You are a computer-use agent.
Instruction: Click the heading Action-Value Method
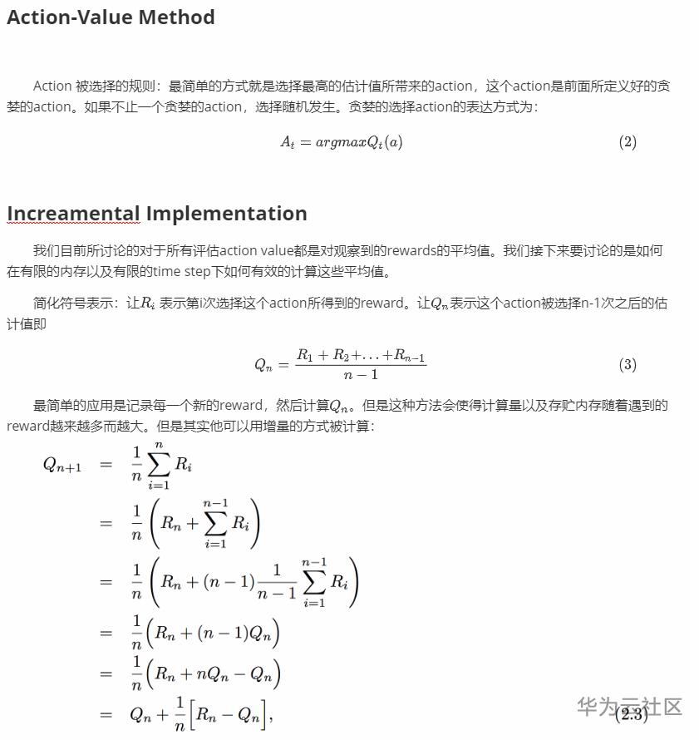pyautogui.click(x=111, y=17)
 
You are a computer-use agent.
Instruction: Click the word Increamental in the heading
pyautogui.click(x=73, y=214)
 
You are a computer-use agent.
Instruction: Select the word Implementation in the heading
pyautogui.click(x=226, y=214)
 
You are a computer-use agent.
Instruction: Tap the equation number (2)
pyautogui.click(x=628, y=142)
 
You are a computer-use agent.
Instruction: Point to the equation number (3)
pyautogui.click(x=628, y=364)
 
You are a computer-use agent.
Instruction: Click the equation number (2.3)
pyautogui.click(x=632, y=714)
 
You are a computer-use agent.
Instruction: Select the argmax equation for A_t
pyautogui.click(x=341, y=142)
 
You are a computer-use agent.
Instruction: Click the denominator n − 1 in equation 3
pyautogui.click(x=361, y=375)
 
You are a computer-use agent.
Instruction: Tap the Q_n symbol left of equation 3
pyautogui.click(x=263, y=365)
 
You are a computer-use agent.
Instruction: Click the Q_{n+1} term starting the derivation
pyautogui.click(x=62, y=464)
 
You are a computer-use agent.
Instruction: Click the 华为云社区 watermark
pyautogui.click(x=629, y=707)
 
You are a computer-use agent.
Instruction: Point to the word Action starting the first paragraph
pyautogui.click(x=52, y=86)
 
